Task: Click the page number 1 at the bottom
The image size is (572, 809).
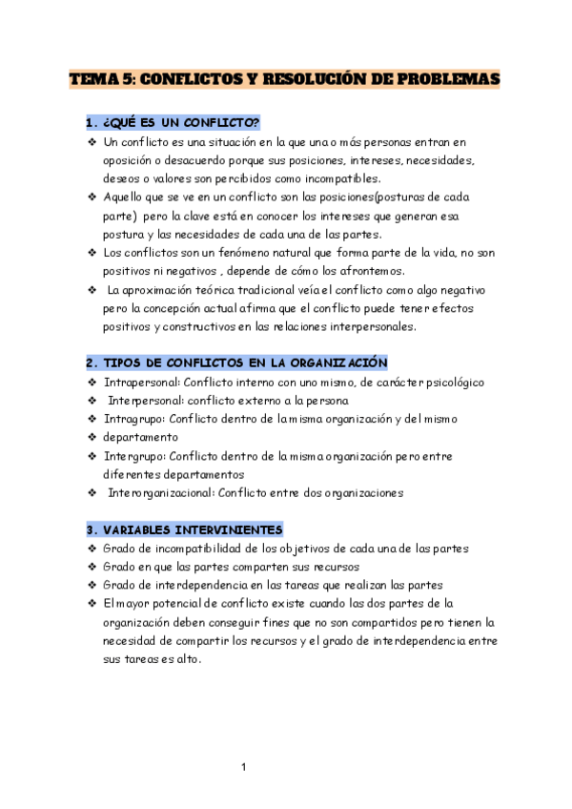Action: (244, 767)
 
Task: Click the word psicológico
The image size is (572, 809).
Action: (448, 382)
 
